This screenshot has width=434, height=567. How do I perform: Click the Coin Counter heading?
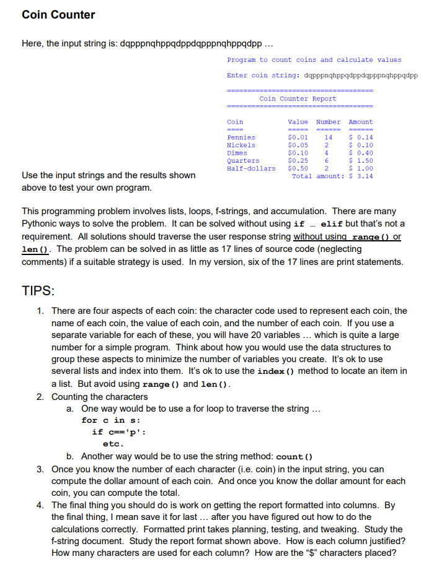[58, 15]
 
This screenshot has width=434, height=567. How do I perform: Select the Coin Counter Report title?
[298, 98]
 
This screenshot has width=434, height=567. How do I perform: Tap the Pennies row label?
[241, 137]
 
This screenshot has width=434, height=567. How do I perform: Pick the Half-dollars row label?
[251, 168]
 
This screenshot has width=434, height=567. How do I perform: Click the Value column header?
[298, 122]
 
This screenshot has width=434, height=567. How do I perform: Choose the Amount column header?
[361, 122]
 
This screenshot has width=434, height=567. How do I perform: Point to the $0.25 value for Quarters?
[298, 161]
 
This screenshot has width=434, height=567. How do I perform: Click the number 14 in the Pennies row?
[329, 137]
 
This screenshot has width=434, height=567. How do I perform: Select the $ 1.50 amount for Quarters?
[361, 161]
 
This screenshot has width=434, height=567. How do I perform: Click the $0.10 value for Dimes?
[298, 153]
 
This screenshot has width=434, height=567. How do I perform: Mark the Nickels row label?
[241, 145]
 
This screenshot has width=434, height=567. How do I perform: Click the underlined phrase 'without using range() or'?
[347, 236]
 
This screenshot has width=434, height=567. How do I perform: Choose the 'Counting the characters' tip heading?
[99, 396]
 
